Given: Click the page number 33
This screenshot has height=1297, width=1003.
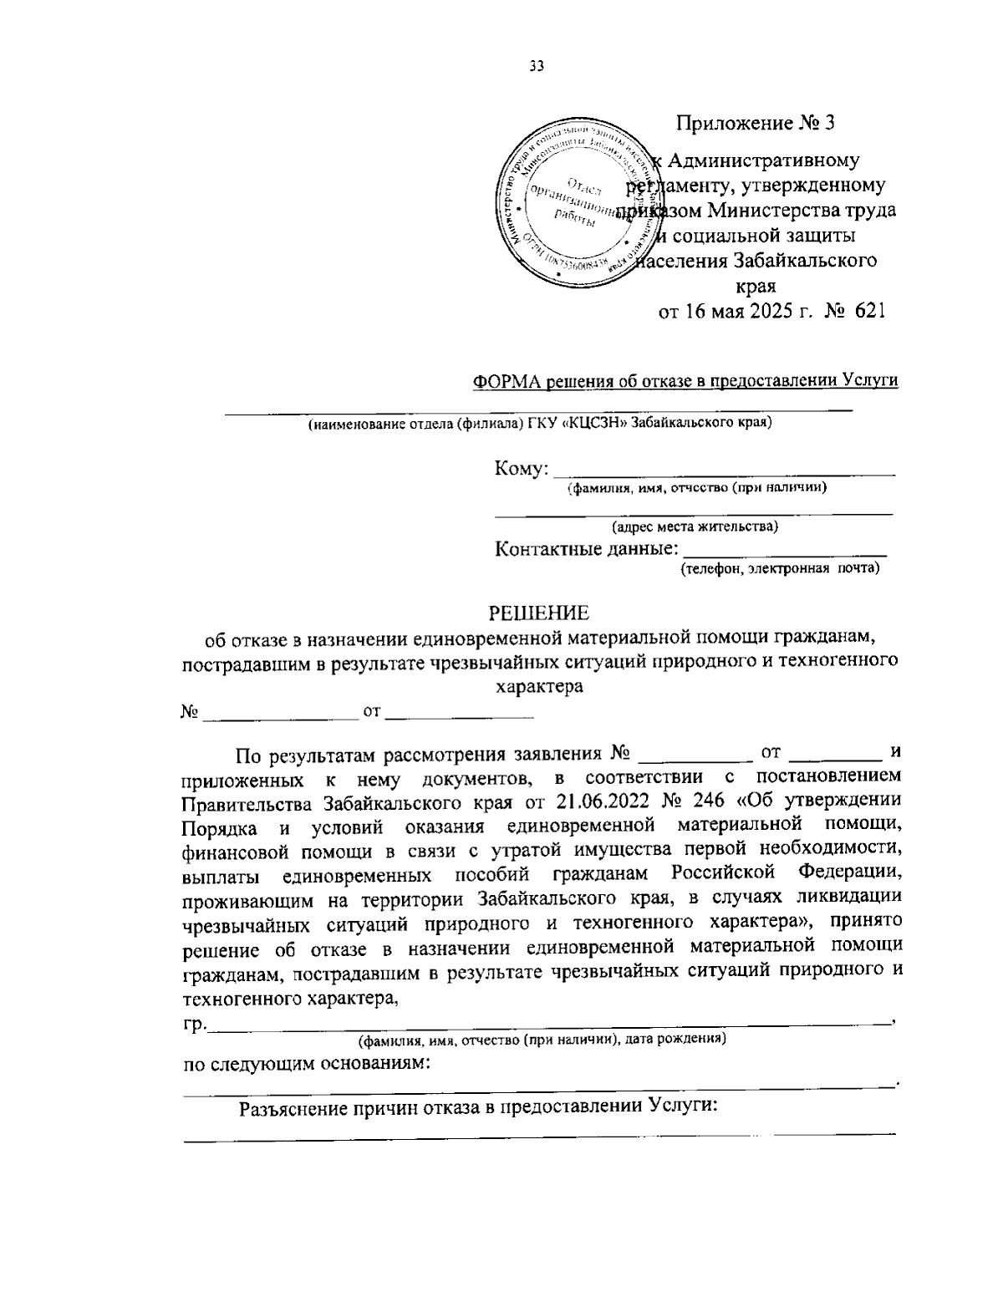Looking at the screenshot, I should click(x=536, y=68).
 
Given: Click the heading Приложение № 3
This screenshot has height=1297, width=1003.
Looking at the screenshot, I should click(x=756, y=124).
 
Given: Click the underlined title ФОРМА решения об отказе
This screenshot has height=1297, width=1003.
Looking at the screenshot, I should click(x=685, y=381).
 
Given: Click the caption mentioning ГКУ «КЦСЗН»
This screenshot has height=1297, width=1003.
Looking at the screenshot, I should click(x=539, y=423).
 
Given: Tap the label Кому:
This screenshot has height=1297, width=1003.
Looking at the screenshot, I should click(x=522, y=468).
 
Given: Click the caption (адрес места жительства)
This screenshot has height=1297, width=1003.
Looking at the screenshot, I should click(x=695, y=526).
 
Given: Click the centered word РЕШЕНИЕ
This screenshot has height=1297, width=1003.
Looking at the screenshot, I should click(x=538, y=613).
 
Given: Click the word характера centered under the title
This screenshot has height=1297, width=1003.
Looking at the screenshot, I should click(x=539, y=687).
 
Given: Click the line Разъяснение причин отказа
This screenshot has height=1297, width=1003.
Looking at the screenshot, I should click(x=480, y=1108).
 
